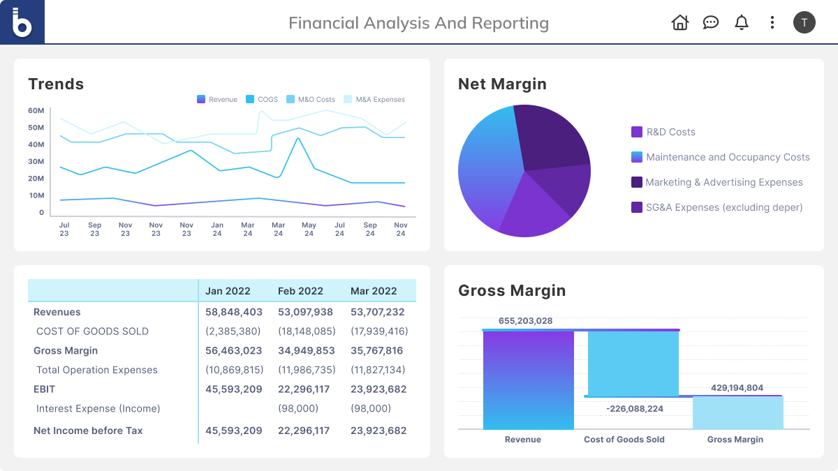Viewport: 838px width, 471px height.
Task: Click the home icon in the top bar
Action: point(679,22)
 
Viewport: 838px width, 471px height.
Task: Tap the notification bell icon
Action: point(742,22)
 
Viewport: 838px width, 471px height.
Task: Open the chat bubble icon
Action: point(711,22)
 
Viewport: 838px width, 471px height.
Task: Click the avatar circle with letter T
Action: point(804,22)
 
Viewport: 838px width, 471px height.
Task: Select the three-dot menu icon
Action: point(772,22)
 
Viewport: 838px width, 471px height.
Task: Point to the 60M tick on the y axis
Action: point(36,111)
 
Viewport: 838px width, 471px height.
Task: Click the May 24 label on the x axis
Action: point(309,230)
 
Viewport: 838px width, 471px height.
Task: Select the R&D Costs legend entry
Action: point(663,132)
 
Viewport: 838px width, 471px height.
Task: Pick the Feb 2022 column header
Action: point(300,291)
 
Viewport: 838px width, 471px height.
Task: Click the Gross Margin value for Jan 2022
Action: point(234,351)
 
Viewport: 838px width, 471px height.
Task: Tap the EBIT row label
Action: point(44,389)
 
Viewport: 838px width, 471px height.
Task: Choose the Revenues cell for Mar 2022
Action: point(377,312)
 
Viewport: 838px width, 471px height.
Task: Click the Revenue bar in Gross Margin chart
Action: point(528,380)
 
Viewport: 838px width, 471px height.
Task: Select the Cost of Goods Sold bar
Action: point(633,364)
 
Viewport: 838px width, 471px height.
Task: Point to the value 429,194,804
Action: point(737,388)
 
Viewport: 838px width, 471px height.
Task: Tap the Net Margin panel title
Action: point(502,84)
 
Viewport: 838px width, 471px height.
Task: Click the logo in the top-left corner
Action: point(22,22)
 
